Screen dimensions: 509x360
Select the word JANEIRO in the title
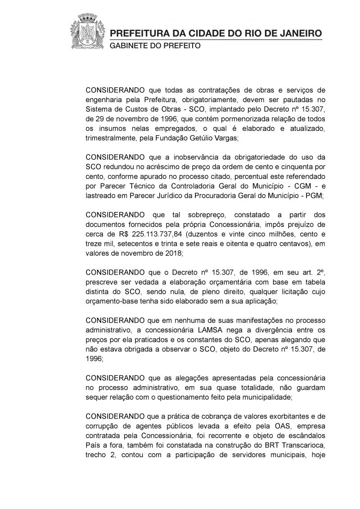tap(302, 34)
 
